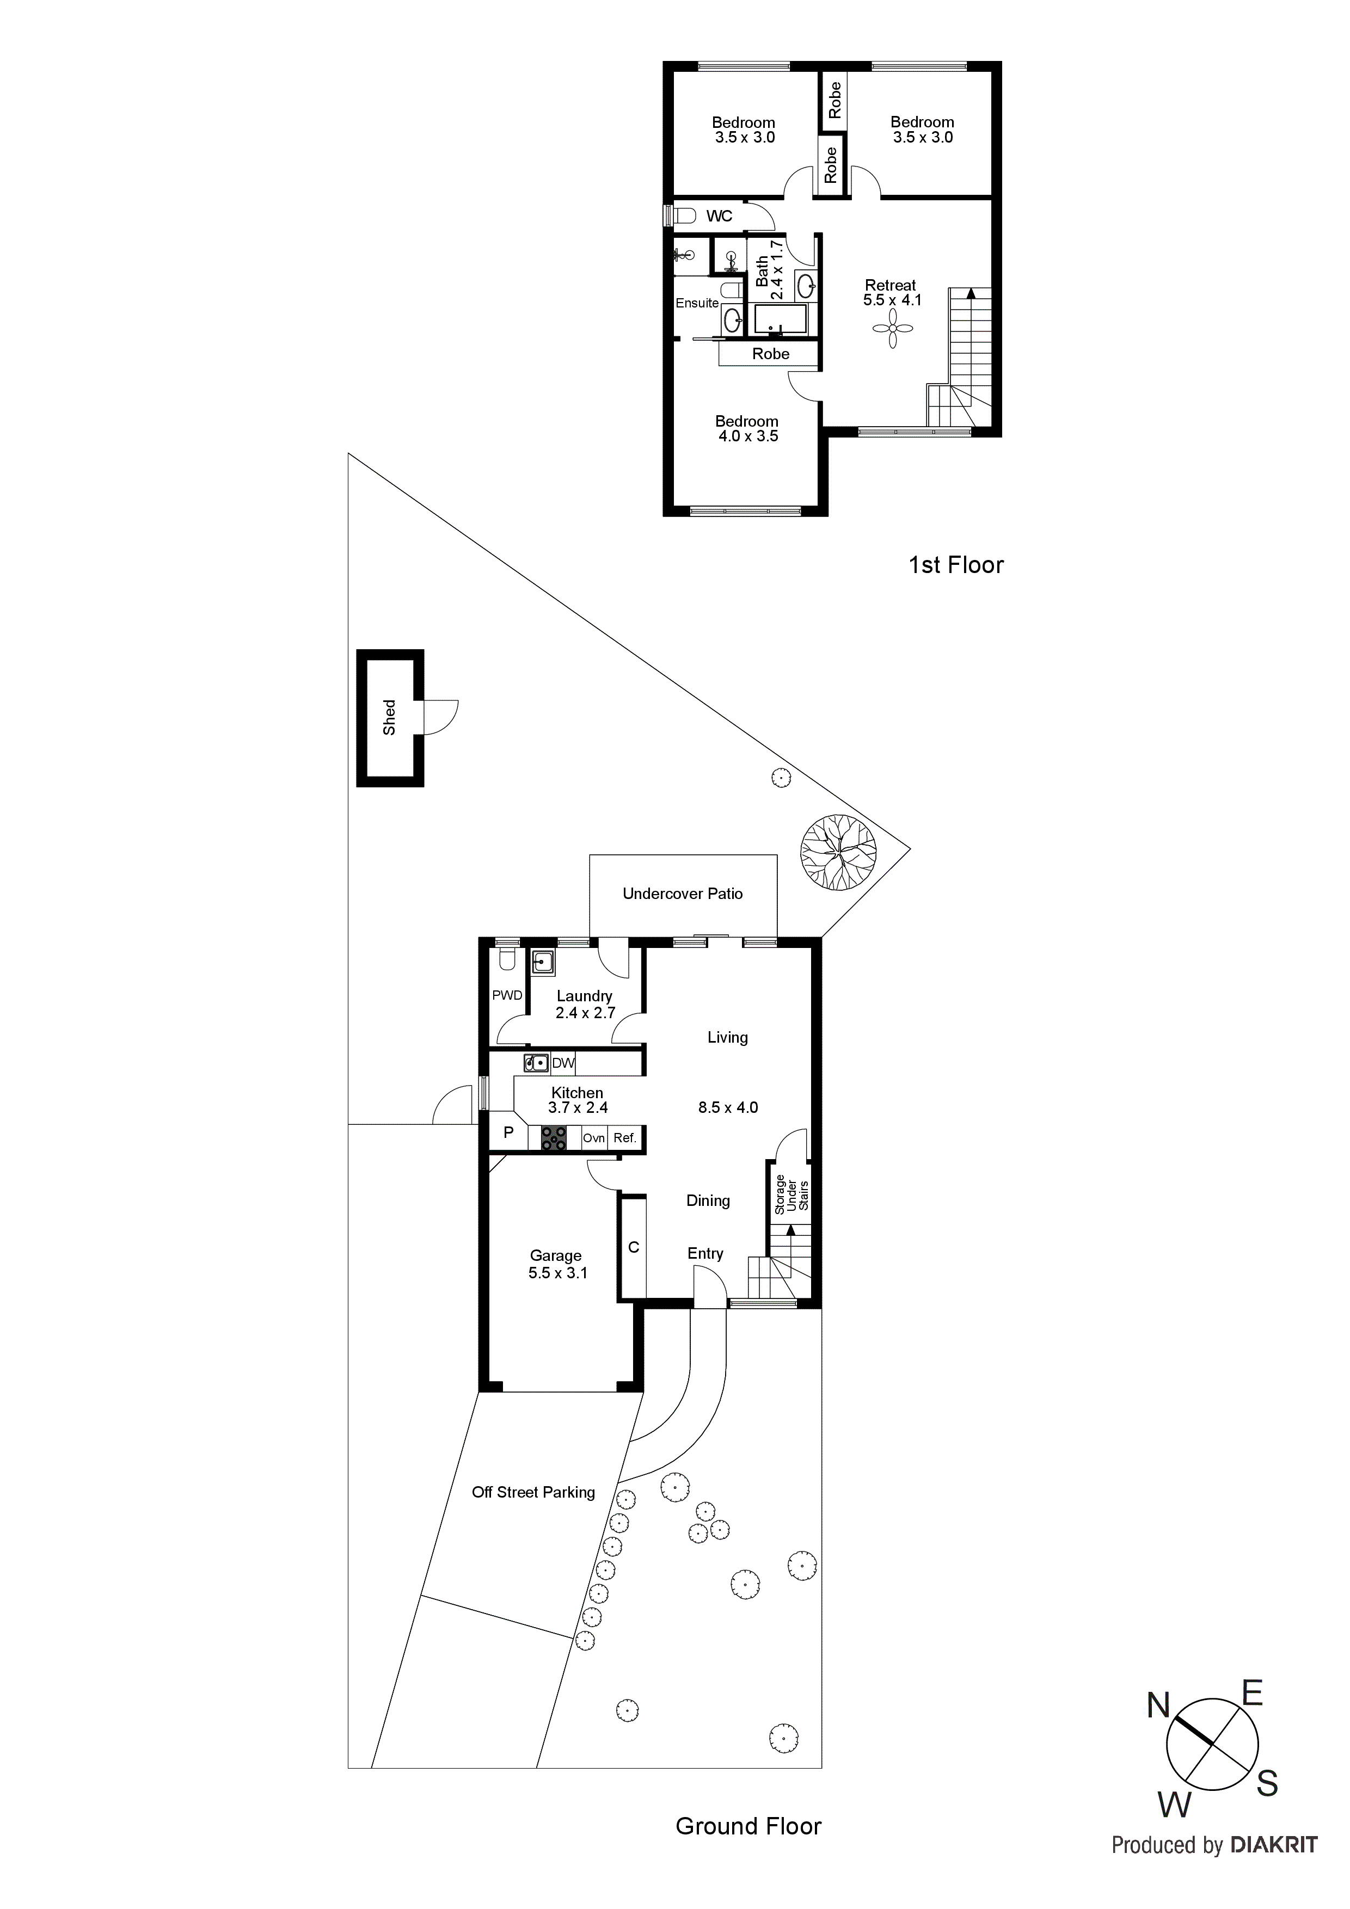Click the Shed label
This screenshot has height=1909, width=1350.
point(389,718)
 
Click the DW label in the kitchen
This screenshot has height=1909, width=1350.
point(563,1063)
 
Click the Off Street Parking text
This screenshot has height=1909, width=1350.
point(533,1493)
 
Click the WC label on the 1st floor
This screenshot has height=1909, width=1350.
point(720,216)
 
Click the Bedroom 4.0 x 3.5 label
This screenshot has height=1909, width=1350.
point(747,428)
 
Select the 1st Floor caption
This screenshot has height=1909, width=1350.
point(956,565)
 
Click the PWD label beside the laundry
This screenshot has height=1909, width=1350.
point(507,995)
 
